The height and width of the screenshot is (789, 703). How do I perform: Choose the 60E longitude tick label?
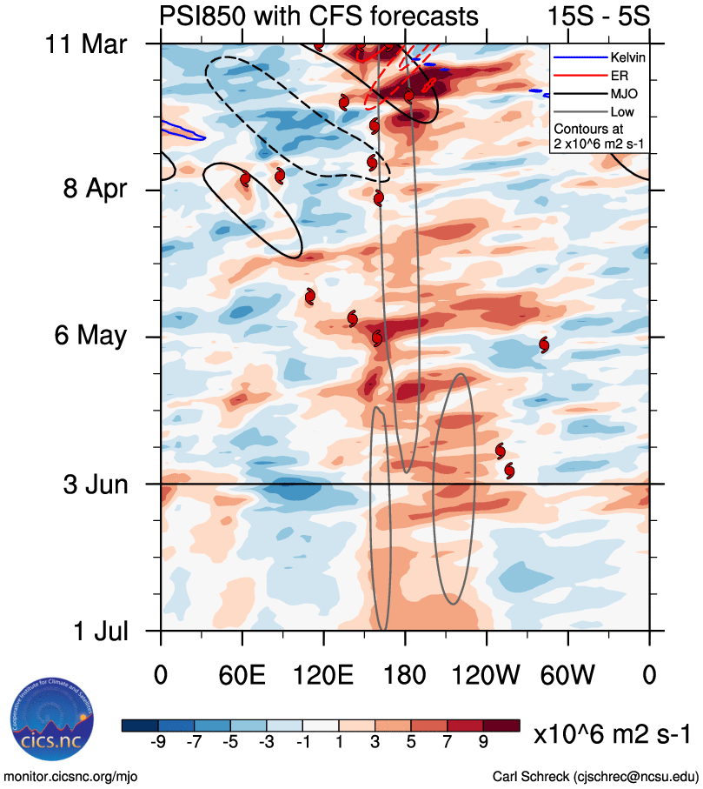(x=242, y=674)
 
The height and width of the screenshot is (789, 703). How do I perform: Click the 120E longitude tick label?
(x=322, y=674)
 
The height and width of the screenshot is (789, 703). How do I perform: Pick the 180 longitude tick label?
(x=405, y=674)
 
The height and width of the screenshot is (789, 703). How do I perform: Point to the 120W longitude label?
(x=486, y=674)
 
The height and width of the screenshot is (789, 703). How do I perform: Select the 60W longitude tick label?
(x=567, y=674)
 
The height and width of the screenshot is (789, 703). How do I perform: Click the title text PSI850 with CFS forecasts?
(x=318, y=16)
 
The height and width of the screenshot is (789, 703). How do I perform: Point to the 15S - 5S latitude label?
(x=599, y=16)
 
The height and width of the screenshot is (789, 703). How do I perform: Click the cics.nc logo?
(x=45, y=721)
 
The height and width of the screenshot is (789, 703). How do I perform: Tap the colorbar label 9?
(x=484, y=741)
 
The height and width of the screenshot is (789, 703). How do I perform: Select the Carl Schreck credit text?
(x=595, y=775)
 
